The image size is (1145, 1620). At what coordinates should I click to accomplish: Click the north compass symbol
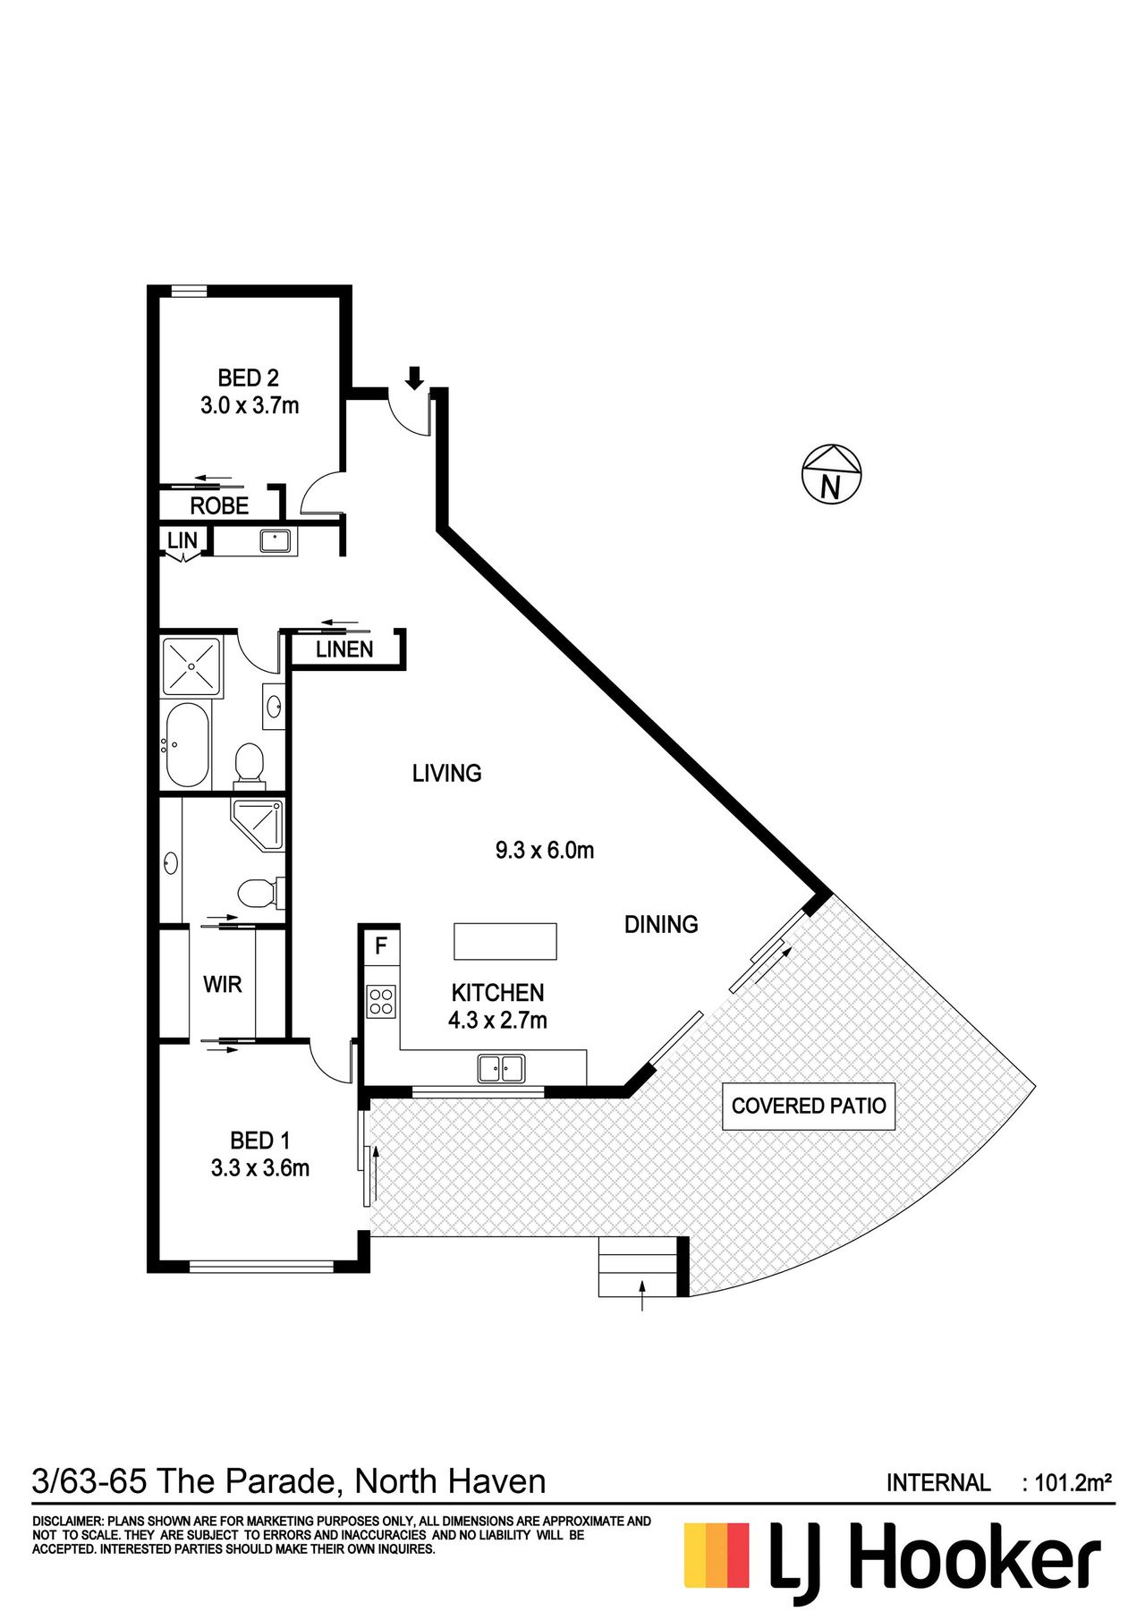[x=831, y=474]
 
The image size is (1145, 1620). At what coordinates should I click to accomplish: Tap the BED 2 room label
[x=249, y=378]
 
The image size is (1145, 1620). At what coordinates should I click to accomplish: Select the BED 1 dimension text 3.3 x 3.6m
[x=260, y=1167]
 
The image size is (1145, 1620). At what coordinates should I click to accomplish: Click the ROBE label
[x=219, y=505]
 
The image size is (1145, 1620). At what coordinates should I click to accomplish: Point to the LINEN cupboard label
[x=344, y=649]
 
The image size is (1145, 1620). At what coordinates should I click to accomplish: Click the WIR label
[x=223, y=984]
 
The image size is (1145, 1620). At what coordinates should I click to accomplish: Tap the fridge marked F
[x=381, y=946]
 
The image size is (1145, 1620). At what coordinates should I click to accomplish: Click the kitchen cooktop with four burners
[x=382, y=1001]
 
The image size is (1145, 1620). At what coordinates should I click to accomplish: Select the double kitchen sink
[x=501, y=1068]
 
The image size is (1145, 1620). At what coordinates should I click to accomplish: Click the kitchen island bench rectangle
[x=505, y=941]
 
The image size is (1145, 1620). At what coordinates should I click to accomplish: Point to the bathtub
[x=187, y=744]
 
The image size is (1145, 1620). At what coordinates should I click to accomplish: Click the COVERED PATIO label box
[x=809, y=1106]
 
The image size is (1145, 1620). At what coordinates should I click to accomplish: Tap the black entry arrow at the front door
[x=413, y=377]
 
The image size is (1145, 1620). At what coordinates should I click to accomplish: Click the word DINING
[x=661, y=924]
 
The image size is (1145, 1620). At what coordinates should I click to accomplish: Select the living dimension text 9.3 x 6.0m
[x=545, y=849]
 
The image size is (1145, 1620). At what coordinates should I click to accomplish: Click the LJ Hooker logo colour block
[x=717, y=1556]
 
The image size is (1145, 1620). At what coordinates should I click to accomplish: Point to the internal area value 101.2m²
[x=1073, y=1483]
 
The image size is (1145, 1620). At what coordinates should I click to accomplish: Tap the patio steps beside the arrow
[x=638, y=1267]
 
